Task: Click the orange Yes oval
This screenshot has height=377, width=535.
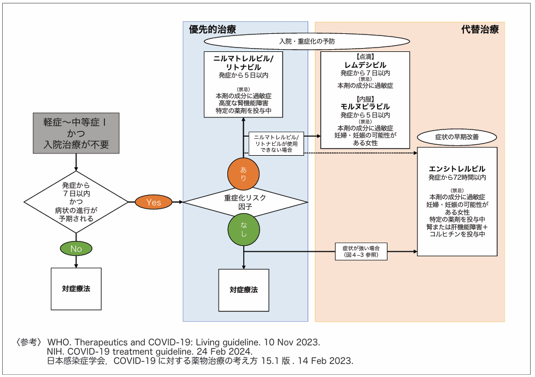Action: (x=154, y=202)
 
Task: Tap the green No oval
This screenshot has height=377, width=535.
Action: (x=76, y=249)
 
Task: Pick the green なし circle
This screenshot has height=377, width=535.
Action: (x=243, y=230)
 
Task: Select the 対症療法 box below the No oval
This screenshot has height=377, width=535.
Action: (x=76, y=288)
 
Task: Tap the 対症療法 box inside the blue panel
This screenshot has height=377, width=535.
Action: (x=243, y=290)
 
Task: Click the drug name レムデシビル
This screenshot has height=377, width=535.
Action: (x=365, y=65)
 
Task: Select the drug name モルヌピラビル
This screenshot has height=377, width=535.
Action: (x=365, y=107)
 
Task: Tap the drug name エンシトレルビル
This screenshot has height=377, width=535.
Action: (x=457, y=169)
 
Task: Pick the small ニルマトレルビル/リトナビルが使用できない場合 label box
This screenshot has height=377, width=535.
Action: (x=276, y=143)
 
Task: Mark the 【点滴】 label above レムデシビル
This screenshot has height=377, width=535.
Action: (x=365, y=57)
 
